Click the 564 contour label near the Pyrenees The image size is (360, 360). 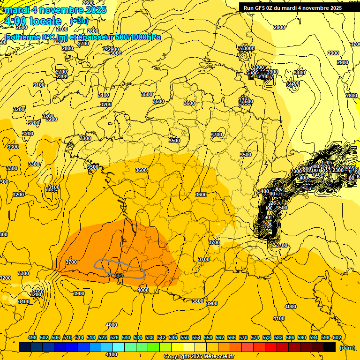point(119,275)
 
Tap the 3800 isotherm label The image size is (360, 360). point(198,301)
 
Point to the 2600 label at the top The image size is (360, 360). point(88,3)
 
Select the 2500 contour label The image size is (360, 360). point(22,28)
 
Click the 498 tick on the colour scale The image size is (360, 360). point(32,337)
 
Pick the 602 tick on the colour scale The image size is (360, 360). point(337,337)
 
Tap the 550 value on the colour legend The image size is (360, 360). point(185,337)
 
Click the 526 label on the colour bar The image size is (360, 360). point(114,337)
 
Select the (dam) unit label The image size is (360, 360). point(347,348)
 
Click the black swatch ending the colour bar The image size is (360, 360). point(330,347)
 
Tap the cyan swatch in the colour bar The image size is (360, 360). point(119,347)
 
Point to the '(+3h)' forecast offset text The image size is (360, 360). point(78,21)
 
